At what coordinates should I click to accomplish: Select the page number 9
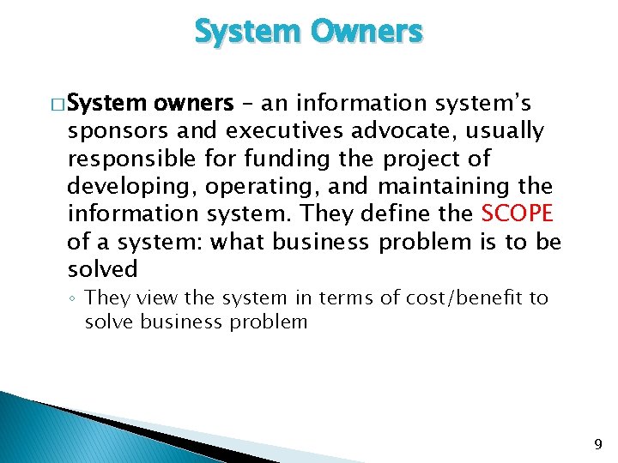[x=598, y=444]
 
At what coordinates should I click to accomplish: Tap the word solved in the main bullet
[x=102, y=269]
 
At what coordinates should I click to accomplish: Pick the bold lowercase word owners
[x=193, y=104]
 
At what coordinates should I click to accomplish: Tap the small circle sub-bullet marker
[x=74, y=298]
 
